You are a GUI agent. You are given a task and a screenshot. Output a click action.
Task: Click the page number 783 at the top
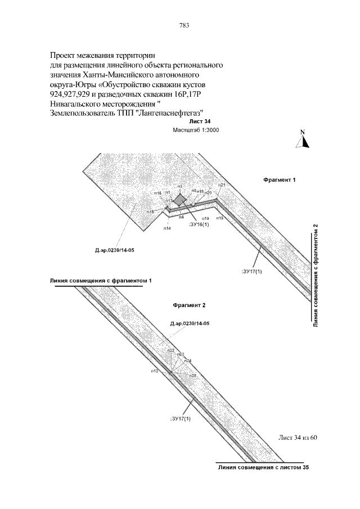[x=183, y=25]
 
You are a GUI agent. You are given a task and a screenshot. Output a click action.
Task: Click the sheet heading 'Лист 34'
[x=200, y=121]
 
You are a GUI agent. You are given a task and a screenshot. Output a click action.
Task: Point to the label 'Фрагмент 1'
[x=280, y=181]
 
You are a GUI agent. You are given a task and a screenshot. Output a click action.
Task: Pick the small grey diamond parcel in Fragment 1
[x=179, y=199]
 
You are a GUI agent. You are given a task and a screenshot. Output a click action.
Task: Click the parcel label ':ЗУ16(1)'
[x=198, y=224]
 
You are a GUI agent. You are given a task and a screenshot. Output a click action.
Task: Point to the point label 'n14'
[x=167, y=228]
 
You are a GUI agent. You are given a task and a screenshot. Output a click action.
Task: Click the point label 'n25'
[x=192, y=375]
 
